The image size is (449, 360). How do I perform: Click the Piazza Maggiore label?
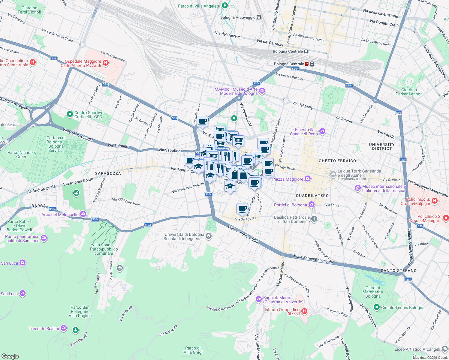(x=288, y=179)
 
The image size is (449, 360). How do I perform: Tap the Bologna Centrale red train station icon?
(x=307, y=64)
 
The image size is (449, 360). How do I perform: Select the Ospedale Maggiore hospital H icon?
(x=105, y=63)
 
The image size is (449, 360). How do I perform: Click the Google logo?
(x=10, y=356)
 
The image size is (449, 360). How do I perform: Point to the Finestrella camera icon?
(x=322, y=131)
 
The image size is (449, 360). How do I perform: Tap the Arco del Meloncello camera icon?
(x=83, y=214)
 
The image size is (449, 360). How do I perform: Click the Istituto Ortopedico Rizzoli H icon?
(x=304, y=311)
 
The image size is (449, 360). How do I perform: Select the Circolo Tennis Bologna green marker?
(x=377, y=307)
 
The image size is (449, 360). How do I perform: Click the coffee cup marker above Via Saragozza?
(x=242, y=208)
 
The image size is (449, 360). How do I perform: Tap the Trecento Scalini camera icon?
(x=63, y=328)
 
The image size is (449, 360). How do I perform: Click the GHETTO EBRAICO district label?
(x=337, y=161)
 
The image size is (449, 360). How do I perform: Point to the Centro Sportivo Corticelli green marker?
(x=70, y=114)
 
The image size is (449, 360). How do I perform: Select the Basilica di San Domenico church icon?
(x=314, y=219)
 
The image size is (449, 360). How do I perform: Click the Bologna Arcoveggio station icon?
(x=259, y=17)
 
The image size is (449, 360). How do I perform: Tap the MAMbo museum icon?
(x=262, y=91)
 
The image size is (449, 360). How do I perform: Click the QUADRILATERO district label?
(x=312, y=196)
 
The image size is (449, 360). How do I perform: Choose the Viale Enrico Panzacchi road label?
(x=313, y=259)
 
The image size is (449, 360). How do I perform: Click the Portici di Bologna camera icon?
(x=312, y=205)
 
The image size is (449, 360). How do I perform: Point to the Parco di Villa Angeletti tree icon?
(x=224, y=6)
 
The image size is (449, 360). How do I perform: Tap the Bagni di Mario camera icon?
(x=258, y=299)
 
